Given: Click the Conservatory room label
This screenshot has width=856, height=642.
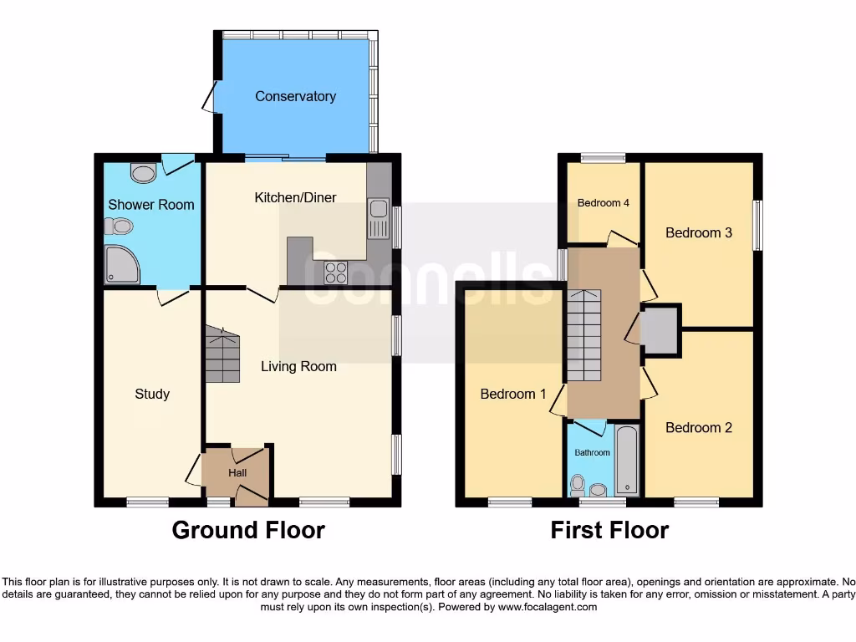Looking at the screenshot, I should (x=295, y=96).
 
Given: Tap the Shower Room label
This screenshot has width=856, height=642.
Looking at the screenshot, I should (x=151, y=204).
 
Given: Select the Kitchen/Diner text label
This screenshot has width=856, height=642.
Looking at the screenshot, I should (x=295, y=197).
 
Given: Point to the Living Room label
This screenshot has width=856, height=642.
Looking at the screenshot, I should (x=298, y=366).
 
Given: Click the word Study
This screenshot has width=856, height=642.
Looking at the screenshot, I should (x=152, y=393).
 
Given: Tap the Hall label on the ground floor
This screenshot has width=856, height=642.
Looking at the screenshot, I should (x=237, y=473).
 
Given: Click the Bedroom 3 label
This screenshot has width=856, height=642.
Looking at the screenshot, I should (x=699, y=232).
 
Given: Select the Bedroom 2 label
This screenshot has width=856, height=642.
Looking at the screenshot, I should (x=699, y=427).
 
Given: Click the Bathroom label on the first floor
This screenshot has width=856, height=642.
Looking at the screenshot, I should (x=592, y=452).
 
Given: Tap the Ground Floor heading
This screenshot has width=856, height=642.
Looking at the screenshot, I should (x=248, y=530).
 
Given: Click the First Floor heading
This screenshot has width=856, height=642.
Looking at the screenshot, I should (x=609, y=530).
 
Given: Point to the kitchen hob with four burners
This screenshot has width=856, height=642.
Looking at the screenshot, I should (x=336, y=273).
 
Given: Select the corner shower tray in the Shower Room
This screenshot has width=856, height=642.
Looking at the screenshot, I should (x=121, y=264).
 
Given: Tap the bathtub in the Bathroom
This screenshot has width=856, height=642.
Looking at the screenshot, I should (x=626, y=461).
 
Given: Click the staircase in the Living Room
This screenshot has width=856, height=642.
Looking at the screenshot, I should (x=222, y=354).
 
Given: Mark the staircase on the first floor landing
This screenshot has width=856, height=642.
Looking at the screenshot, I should (x=583, y=334).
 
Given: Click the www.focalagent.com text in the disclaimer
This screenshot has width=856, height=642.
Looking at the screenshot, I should (x=547, y=607).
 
